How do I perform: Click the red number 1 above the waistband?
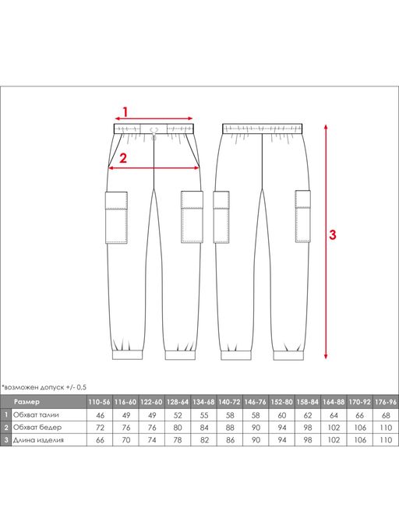pyautogui.click(x=125, y=111)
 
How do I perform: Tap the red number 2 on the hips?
pyautogui.click(x=122, y=158)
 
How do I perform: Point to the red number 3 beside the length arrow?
pyautogui.click(x=333, y=234)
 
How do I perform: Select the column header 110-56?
pyautogui.click(x=99, y=402)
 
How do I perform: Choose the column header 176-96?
pyautogui.click(x=386, y=402)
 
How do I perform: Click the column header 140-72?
pyautogui.click(x=230, y=402)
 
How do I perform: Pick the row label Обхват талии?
pyautogui.click(x=36, y=414)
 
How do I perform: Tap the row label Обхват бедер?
pyautogui.click(x=37, y=427)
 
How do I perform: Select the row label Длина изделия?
pyautogui.click(x=38, y=440)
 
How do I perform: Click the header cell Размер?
pyautogui.click(x=26, y=402)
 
